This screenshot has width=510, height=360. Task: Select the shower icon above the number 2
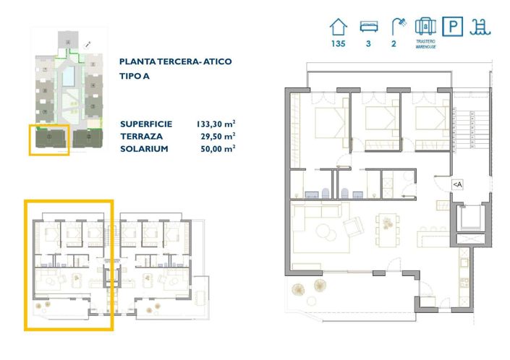pos(396,27)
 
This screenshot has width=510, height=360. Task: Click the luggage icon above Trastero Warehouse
pos(425,27)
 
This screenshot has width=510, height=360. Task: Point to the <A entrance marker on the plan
pos(458,184)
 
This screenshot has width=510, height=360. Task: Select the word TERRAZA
pos(141,135)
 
